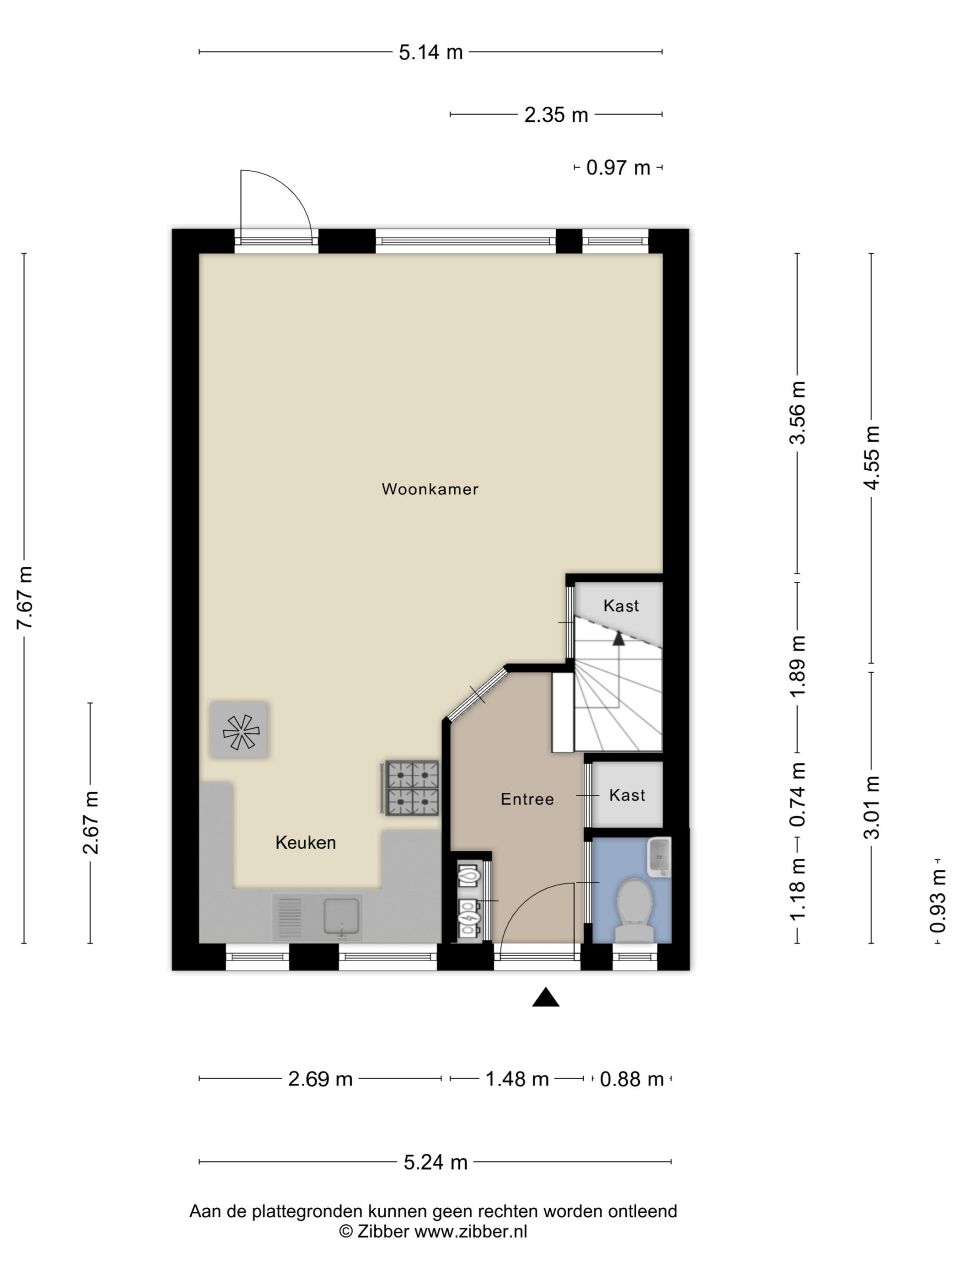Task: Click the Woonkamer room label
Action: (x=430, y=489)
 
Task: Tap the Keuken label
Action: (x=306, y=843)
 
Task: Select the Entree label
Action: (x=527, y=799)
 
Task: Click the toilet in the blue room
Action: (x=634, y=910)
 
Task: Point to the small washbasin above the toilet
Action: (x=659, y=855)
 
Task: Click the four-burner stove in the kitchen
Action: (x=412, y=788)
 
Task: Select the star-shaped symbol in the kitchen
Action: (x=241, y=732)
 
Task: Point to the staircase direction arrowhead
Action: (x=619, y=638)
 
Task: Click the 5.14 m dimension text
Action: (x=431, y=53)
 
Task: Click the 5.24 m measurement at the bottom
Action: (x=435, y=1162)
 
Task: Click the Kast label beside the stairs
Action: (x=621, y=605)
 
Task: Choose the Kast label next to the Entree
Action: (x=627, y=795)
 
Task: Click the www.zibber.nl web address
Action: (x=471, y=1231)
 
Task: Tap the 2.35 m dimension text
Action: (x=556, y=115)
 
